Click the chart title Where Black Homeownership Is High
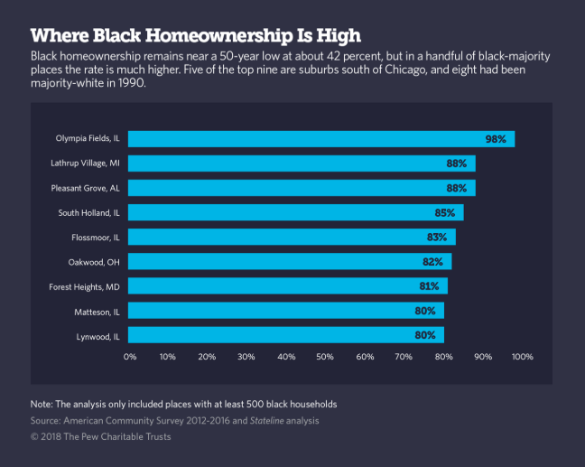coord(196,35)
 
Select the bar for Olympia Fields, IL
coord(320,139)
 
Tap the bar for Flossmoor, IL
coord(291,238)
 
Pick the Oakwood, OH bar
coord(289,262)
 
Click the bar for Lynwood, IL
coord(285,335)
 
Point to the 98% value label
coord(495,139)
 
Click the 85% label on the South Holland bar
coord(445,213)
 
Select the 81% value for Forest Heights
coord(428,286)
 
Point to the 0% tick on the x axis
coord(129,357)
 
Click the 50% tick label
coord(326,357)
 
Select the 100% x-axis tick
coord(523,357)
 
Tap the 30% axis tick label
coord(247,357)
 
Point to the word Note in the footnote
coord(42,403)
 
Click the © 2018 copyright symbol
coord(35,437)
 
